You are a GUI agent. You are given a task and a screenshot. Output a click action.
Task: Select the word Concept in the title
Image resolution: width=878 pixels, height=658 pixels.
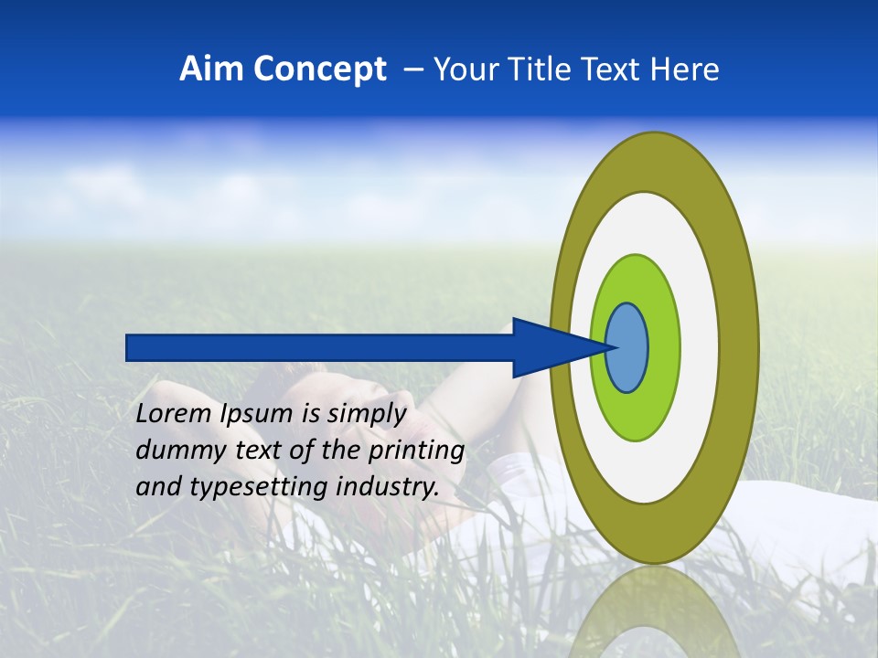(319, 69)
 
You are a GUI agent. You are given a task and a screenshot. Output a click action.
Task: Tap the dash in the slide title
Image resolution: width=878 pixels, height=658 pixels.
(412, 69)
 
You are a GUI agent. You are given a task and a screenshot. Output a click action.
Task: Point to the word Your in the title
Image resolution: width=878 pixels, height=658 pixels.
(465, 69)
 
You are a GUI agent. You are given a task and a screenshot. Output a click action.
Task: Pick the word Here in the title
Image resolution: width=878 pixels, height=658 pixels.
(684, 69)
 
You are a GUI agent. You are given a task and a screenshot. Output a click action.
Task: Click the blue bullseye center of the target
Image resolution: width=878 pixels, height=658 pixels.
(627, 347)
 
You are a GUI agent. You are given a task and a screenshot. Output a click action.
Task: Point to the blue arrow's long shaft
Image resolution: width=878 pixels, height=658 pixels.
(320, 347)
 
